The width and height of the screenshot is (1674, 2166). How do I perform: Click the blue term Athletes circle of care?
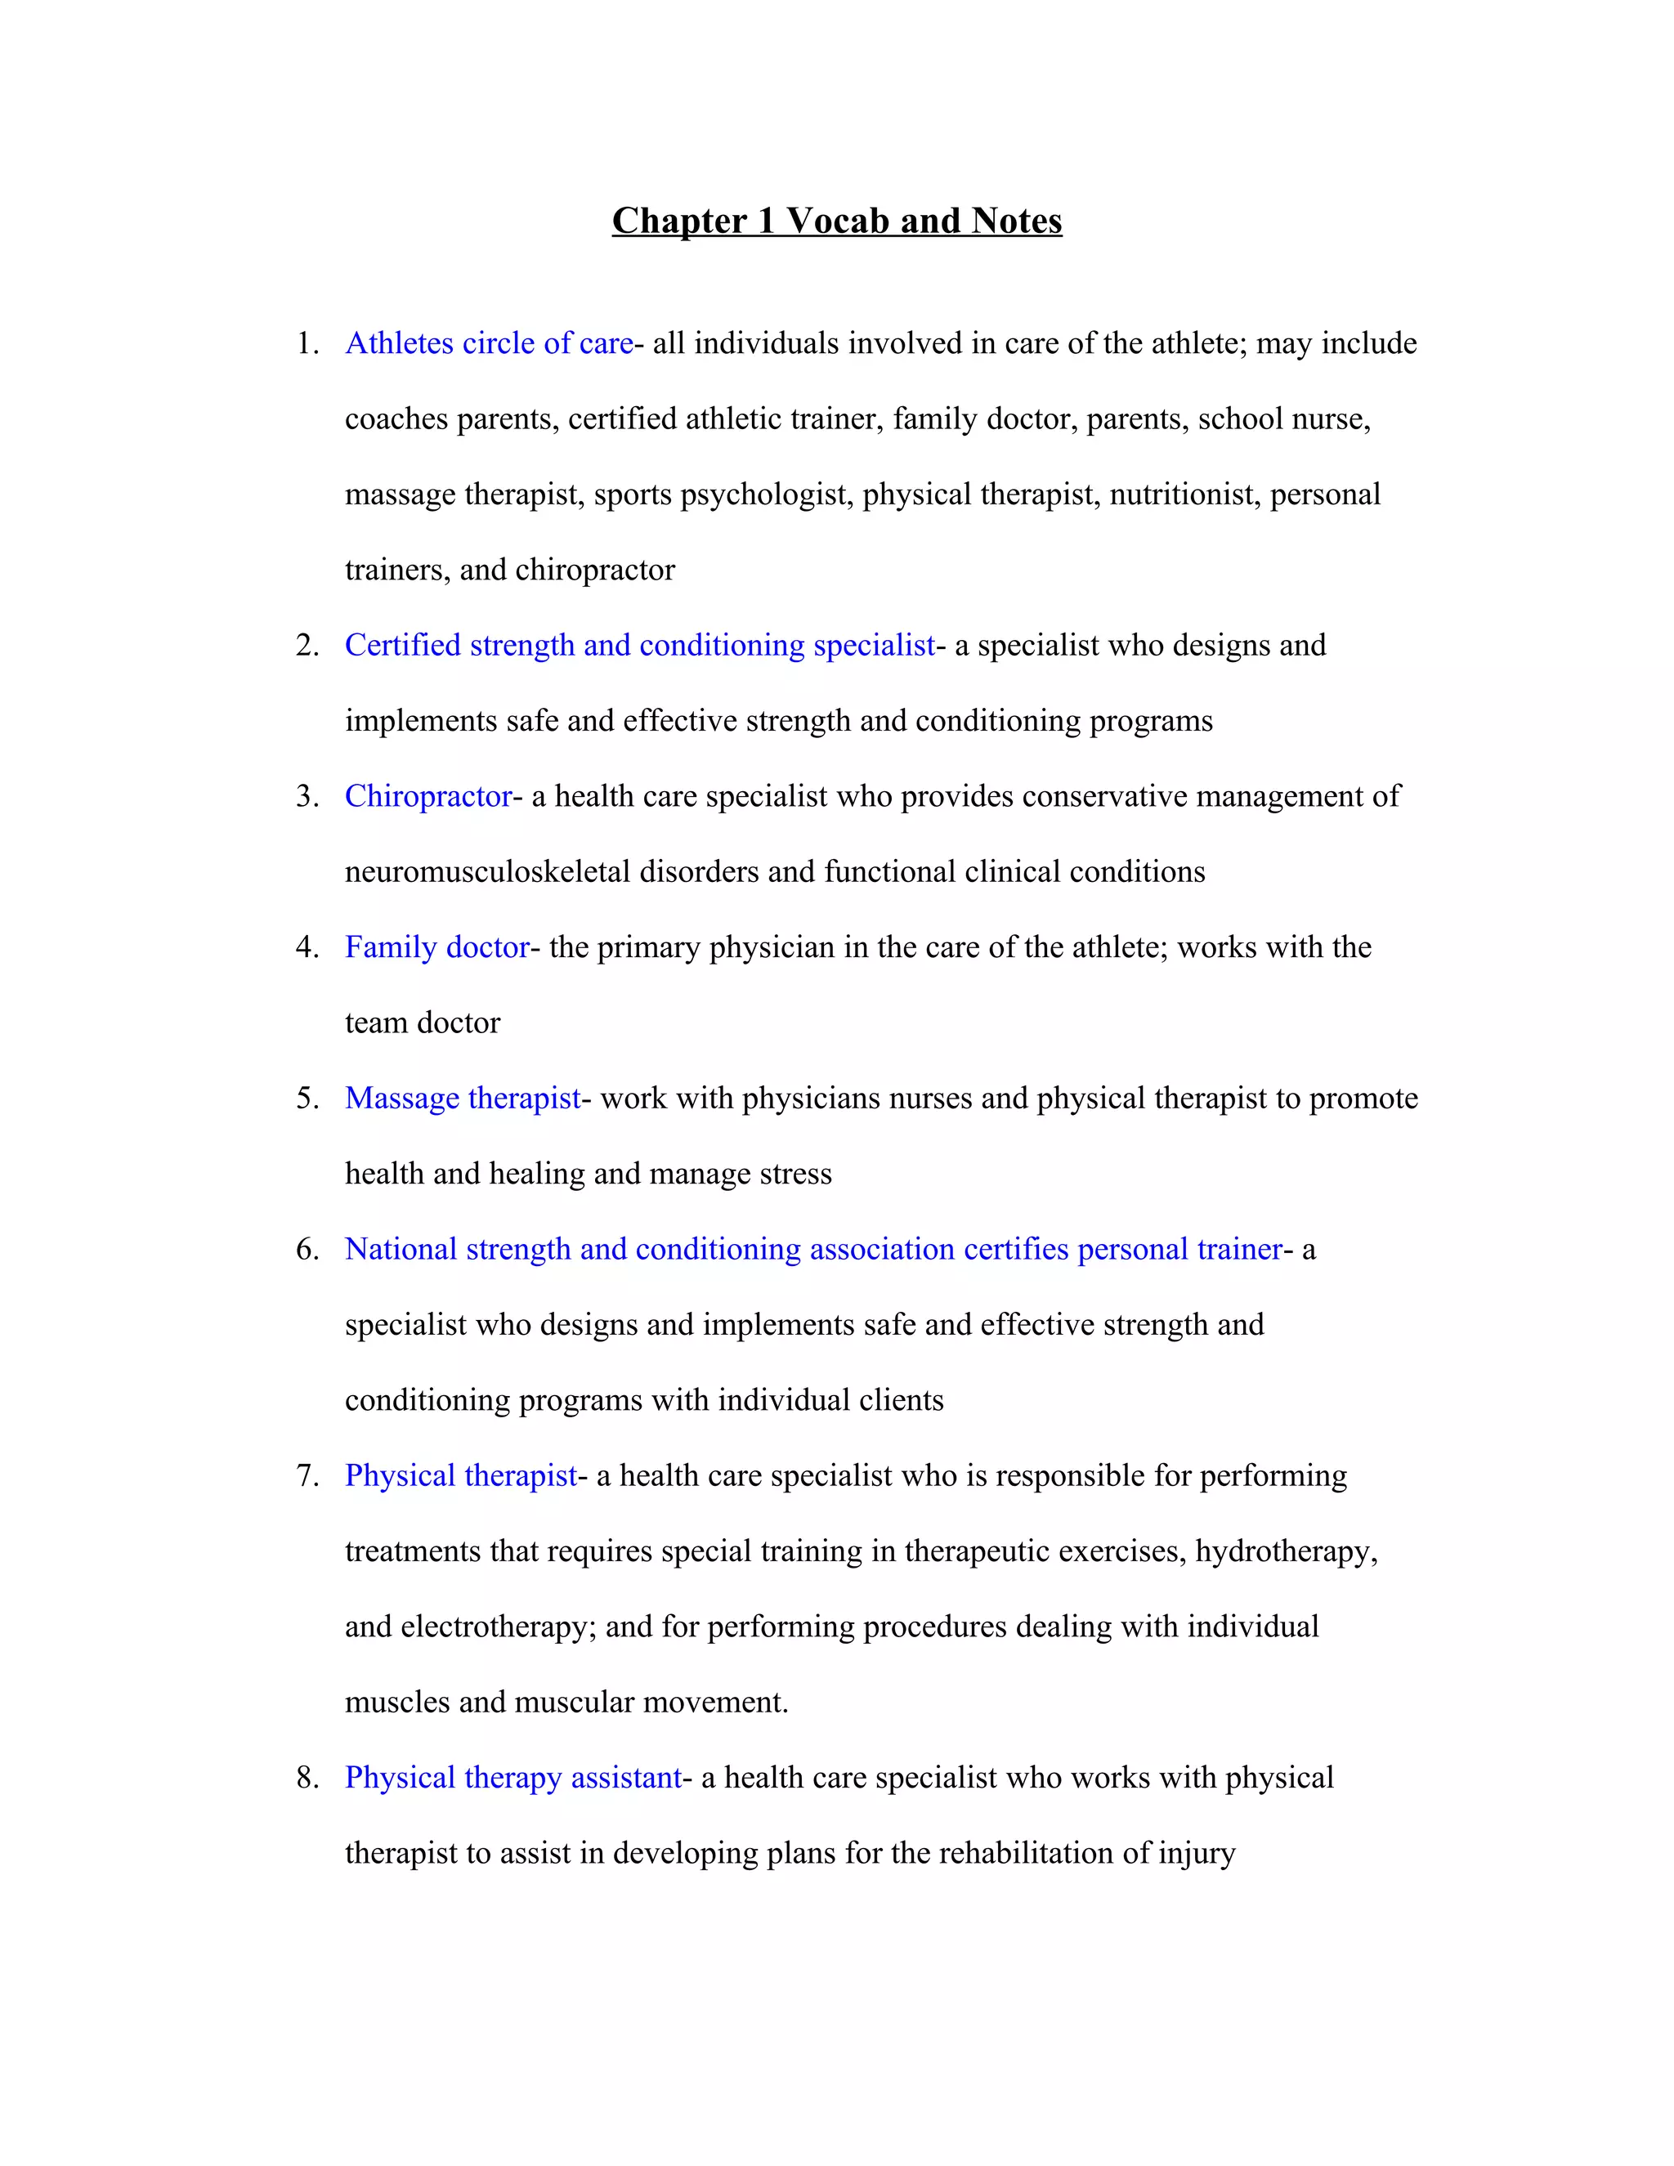[489, 343]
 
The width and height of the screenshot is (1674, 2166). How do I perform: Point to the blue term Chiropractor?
[428, 796]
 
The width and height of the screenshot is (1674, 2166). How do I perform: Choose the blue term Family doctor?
[437, 947]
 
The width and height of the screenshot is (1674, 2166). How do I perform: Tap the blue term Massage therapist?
[462, 1098]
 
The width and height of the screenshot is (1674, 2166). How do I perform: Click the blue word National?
[401, 1250]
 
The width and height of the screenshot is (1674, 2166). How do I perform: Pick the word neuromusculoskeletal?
[487, 872]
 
